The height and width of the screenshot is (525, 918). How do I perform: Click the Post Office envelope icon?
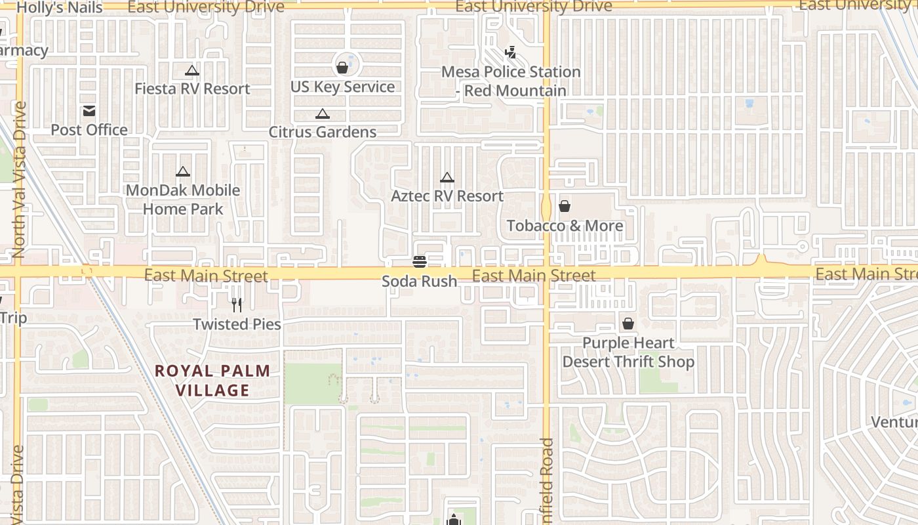point(89,111)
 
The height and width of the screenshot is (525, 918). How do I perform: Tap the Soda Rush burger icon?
point(420,262)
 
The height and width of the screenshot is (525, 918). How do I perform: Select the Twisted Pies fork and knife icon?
point(237,304)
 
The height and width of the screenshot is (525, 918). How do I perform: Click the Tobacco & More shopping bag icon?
point(565,207)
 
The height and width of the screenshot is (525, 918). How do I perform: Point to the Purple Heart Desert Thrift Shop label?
point(628,352)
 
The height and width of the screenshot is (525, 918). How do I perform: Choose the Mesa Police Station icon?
point(510,52)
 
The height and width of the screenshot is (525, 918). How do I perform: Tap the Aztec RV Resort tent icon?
point(447,177)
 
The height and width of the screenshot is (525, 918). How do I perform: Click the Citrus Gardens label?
point(323,132)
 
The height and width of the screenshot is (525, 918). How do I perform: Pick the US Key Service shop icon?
point(342,67)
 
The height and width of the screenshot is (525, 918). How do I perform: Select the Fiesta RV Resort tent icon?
point(191,70)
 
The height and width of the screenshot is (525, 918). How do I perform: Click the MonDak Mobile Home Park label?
point(183,199)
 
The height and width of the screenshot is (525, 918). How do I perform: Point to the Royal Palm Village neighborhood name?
point(212,381)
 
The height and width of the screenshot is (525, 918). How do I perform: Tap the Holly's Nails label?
point(60,8)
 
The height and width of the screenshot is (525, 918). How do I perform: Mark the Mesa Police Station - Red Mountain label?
point(511,81)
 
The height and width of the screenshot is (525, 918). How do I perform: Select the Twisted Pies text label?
point(237,324)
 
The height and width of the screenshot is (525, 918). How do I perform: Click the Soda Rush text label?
point(420,282)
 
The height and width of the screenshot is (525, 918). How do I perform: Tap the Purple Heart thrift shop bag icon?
point(628,324)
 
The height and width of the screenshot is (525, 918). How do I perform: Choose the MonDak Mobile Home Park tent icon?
point(183,172)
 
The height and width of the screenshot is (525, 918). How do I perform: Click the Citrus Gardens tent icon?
point(322,114)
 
